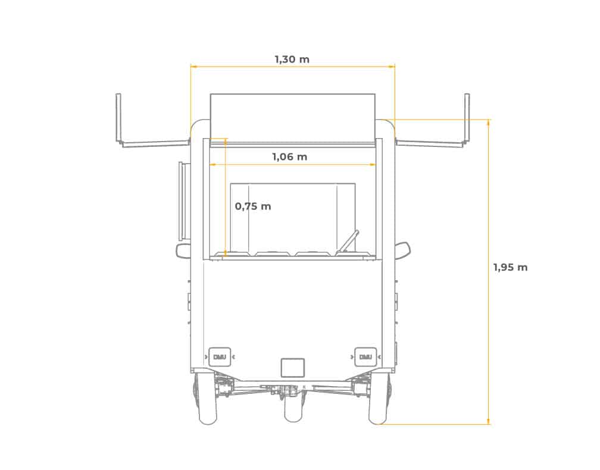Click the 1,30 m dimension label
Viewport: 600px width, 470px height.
click(x=292, y=59)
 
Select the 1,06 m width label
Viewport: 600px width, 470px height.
click(x=290, y=157)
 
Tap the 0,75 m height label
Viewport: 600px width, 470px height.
click(x=253, y=206)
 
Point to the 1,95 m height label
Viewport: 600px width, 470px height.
click(x=511, y=267)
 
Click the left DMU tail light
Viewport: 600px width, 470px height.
click(x=220, y=357)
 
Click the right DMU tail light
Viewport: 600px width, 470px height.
click(x=365, y=357)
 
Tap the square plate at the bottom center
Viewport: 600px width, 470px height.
click(x=293, y=368)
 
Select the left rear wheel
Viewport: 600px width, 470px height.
click(x=207, y=400)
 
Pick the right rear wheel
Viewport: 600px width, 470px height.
click(x=379, y=400)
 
